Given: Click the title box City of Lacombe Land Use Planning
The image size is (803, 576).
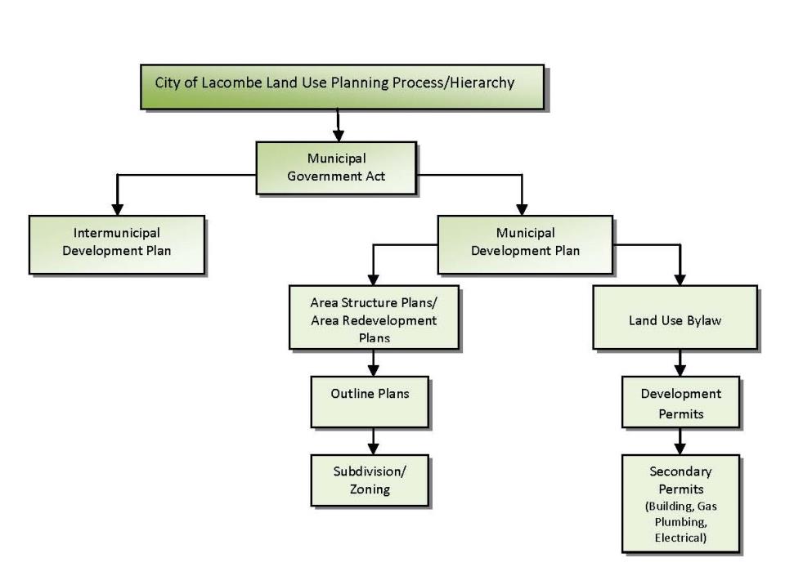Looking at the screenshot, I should coord(341,85).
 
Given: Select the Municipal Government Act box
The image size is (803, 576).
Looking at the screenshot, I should coord(336,167).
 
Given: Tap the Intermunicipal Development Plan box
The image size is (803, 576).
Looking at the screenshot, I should coord(116,243).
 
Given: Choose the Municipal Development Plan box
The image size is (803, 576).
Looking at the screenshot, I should coord(524,243).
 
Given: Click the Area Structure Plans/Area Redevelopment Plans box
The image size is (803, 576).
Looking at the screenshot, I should coord(374,317).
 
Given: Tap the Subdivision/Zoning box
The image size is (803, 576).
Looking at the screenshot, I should coord(370,481).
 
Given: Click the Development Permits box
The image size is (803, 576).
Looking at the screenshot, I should coord(680,402).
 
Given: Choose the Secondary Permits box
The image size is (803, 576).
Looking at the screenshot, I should coord(680,503).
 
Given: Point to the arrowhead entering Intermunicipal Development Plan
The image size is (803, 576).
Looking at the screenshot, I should coord(117,209).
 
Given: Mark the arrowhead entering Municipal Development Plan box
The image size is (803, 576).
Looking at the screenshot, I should coord(523,209).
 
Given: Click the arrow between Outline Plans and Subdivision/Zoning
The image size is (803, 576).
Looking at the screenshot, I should coord(374,442).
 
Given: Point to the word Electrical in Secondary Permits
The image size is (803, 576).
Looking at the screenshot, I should coord(680,538).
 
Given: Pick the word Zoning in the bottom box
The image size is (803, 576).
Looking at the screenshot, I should coord(370,489).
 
